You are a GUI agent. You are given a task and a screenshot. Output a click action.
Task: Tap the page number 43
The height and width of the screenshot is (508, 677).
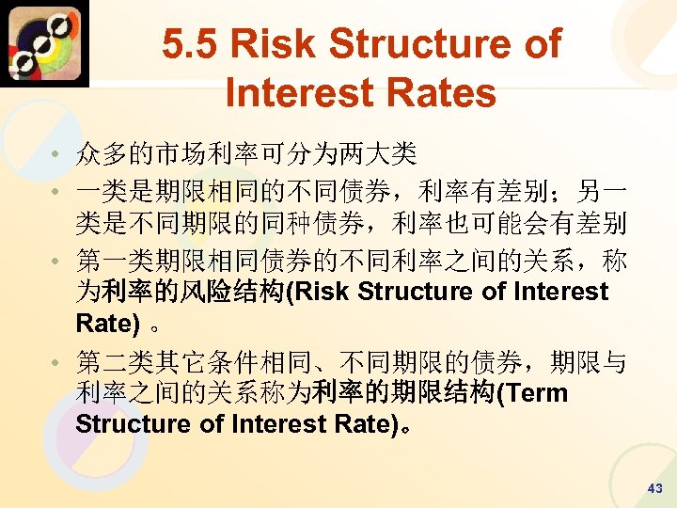655,488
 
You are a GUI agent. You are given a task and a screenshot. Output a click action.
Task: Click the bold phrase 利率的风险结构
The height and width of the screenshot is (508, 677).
199,292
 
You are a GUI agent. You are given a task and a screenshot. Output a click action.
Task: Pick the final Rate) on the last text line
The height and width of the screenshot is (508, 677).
365,424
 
